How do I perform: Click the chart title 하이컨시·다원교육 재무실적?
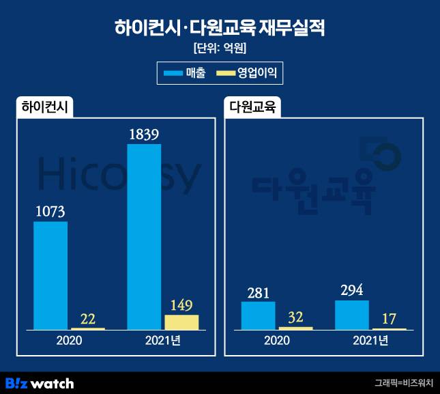220,28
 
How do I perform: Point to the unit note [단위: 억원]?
220,49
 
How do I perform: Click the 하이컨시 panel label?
47,107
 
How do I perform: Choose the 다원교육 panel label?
253,107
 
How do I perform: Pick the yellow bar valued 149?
181,322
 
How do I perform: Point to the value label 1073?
50,211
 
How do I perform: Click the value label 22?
87,318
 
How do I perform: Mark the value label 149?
181,305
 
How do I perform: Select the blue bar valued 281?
259,315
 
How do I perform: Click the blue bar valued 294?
352,315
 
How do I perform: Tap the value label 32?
295,316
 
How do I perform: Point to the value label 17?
389,318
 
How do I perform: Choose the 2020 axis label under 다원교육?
277,340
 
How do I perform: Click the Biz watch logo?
40,383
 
